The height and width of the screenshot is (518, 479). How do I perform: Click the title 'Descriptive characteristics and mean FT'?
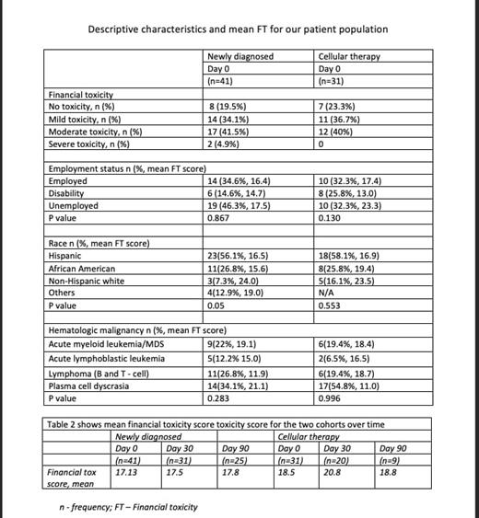click(238, 29)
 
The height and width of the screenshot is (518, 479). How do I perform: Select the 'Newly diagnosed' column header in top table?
click(240, 56)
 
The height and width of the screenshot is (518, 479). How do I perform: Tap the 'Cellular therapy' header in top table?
click(348, 56)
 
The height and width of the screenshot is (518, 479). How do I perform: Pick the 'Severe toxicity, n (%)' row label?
click(88, 144)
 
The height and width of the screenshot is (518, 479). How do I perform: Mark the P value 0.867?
click(219, 218)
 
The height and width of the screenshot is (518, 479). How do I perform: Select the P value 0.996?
click(329, 399)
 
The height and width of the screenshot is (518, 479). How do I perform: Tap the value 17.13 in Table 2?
click(127, 471)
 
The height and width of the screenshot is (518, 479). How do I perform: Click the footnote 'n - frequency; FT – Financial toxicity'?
click(127, 506)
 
